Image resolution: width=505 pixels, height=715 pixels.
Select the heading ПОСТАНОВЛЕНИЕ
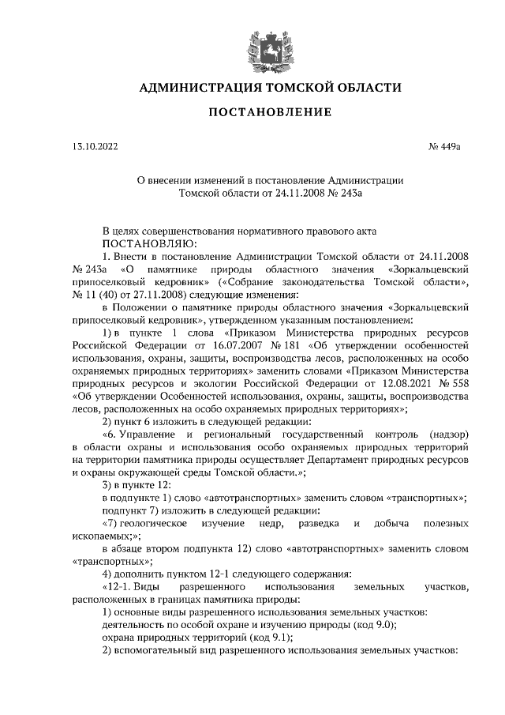tap(270, 114)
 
